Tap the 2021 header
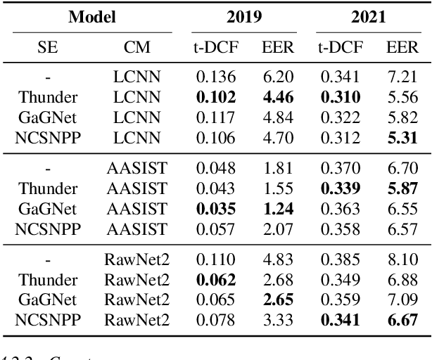pyautogui.click(x=369, y=15)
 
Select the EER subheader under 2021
pyautogui.click(x=401, y=48)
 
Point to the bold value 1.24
pyautogui.click(x=273, y=209)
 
